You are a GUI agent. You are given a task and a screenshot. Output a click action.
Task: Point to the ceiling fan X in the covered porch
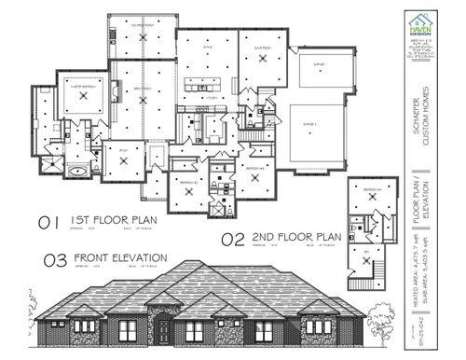click(x=139, y=31)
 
